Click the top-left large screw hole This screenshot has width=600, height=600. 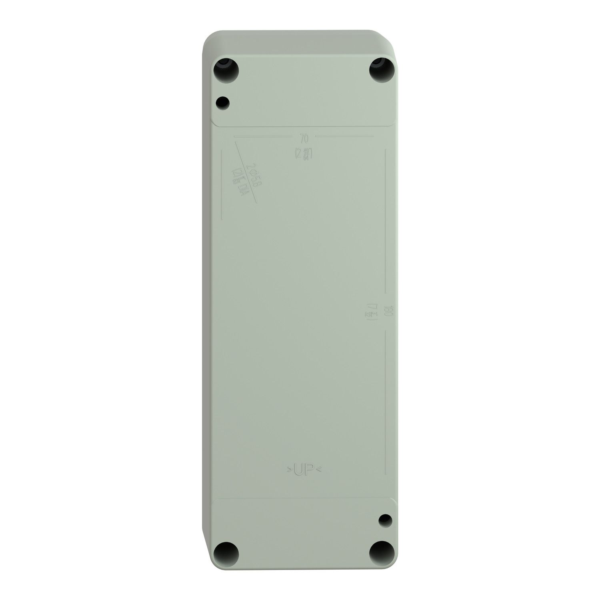(x=227, y=71)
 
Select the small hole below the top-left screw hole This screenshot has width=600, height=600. (x=222, y=103)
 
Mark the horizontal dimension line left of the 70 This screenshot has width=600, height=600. (x=264, y=136)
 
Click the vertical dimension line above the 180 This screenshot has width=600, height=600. (x=385, y=220)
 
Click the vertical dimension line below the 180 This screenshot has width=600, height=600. (x=385, y=400)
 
